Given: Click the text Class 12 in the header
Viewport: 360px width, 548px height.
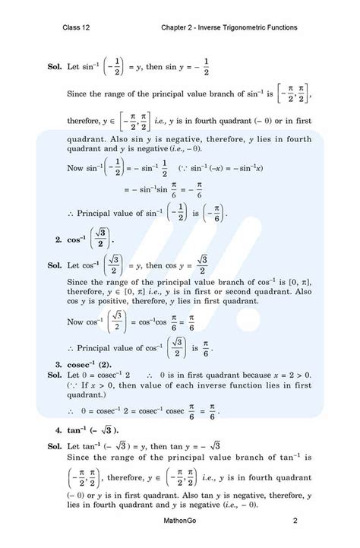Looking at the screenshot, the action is pyautogui.click(x=78, y=28).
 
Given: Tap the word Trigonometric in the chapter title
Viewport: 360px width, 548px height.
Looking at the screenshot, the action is pyautogui.click(x=254, y=28).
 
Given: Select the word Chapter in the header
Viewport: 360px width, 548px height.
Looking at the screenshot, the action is pyautogui.click(x=178, y=28).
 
